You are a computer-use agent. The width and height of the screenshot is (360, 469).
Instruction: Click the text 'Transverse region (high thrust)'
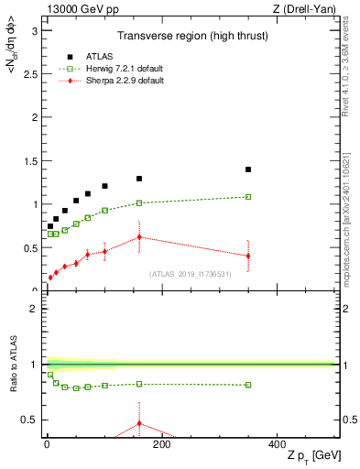(x=191, y=37)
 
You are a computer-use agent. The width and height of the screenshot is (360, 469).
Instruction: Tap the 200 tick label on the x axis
(x=161, y=445)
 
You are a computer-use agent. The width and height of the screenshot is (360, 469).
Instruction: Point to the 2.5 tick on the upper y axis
(x=34, y=74)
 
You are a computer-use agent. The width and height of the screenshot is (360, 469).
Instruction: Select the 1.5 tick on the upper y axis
(x=34, y=161)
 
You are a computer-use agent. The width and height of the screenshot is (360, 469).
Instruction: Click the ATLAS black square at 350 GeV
(x=248, y=169)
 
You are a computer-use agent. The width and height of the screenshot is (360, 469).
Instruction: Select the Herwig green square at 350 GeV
(x=248, y=197)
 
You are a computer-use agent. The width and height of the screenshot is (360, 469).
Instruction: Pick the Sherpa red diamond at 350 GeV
(x=248, y=256)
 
